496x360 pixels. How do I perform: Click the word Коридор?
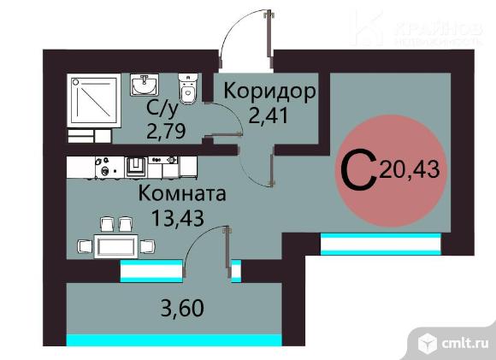point(269,92)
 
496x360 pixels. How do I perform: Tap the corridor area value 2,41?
point(269,115)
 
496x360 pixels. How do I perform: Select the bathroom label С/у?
point(162,109)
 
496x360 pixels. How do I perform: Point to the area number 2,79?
point(166,131)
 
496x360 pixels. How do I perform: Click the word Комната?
point(182,193)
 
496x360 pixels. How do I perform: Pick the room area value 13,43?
point(178,218)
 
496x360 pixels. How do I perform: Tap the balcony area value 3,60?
point(182,308)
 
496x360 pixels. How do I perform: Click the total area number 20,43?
point(410,169)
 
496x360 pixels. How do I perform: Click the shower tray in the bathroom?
point(93,101)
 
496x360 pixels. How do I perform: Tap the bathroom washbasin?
point(144,85)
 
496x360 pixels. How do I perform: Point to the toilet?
point(188,89)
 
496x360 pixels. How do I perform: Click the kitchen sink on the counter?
point(136,167)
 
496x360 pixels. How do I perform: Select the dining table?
point(116,246)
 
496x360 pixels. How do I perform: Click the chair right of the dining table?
point(148,246)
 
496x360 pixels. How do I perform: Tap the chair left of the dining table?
point(85,246)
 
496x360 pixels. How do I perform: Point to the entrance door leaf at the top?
point(270,38)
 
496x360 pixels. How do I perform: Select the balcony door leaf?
point(227,252)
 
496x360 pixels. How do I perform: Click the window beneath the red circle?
point(381,244)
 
